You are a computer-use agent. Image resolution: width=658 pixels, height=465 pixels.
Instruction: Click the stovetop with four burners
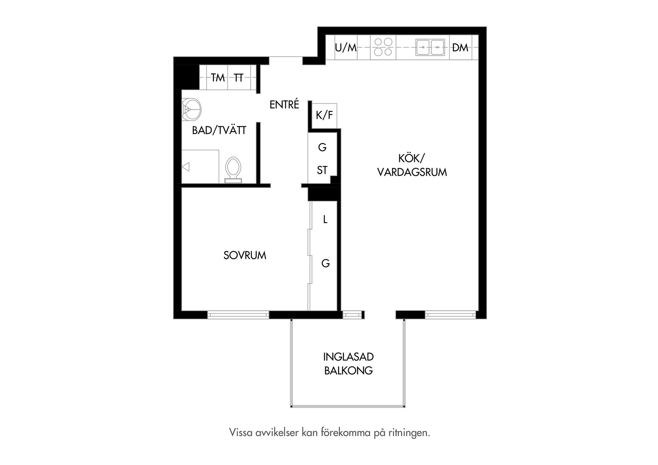pyautogui.click(x=383, y=47)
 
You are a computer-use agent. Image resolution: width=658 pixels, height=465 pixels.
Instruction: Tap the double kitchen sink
pyautogui.click(x=430, y=47)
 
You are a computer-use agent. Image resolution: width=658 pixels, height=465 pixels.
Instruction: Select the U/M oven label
pyautogui.click(x=346, y=48)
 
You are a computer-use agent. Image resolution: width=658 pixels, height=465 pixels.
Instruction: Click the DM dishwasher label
pyautogui.click(x=460, y=48)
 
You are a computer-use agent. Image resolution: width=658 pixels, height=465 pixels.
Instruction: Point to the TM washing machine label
pyautogui.click(x=218, y=78)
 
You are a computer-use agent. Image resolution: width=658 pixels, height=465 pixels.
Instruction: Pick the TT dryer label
pyautogui.click(x=239, y=78)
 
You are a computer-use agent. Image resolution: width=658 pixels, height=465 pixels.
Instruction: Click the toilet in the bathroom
pyautogui.click(x=233, y=170)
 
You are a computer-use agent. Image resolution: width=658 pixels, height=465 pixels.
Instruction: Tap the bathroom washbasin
pyautogui.click(x=191, y=109)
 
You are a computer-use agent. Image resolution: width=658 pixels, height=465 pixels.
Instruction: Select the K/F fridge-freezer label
pyautogui.click(x=324, y=115)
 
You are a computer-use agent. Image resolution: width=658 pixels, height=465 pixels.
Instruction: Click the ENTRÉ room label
pyautogui.click(x=284, y=104)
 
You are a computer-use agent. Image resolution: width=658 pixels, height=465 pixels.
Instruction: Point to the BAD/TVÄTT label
pyautogui.click(x=219, y=130)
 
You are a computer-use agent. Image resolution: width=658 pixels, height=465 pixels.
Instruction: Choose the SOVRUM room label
pyautogui.click(x=245, y=255)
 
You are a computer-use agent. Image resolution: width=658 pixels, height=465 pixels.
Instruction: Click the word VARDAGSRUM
pyautogui.click(x=412, y=172)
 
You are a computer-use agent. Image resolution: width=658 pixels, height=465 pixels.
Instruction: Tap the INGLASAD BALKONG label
pyautogui.click(x=348, y=364)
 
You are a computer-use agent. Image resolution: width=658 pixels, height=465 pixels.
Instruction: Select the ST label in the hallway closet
pyautogui.click(x=322, y=170)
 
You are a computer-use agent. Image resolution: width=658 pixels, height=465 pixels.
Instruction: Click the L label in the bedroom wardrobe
pyautogui.click(x=325, y=219)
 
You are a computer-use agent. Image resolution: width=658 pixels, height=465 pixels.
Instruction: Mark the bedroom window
pyautogui.click(x=238, y=315)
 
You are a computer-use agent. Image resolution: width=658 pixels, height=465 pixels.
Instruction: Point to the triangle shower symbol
pyautogui.click(x=186, y=167)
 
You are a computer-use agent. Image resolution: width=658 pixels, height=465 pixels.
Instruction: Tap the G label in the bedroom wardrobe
pyautogui.click(x=326, y=263)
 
